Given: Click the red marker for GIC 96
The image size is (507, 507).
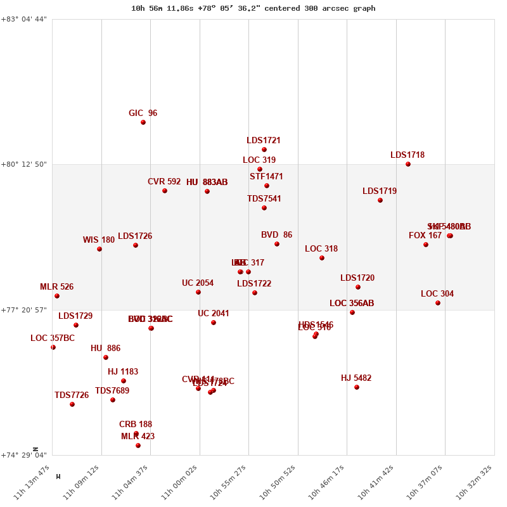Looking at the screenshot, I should coord(143,122).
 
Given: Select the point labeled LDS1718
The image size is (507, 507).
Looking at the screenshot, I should coord(408,164).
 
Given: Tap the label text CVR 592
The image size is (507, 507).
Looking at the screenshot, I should coord(164,182).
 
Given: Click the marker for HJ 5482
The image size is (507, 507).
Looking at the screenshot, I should coord(357,387).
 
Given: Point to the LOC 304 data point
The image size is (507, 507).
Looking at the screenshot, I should coord(438,303).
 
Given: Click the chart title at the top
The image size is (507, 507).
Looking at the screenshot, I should coord(253,8).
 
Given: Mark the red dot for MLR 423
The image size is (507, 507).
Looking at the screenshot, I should coord(138,446).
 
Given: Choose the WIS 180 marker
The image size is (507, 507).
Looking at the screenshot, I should coord(99,249).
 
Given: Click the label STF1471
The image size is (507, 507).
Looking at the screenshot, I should coord(266,177).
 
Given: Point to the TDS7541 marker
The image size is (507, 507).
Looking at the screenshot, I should coord(264,208).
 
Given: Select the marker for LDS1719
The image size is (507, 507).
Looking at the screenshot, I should coord(380,200).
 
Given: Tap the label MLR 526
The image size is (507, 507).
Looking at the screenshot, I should coord(56,287).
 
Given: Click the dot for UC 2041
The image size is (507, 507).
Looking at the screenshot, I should coord(214,323).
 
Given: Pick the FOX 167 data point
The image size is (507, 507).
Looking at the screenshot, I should coord(426,245).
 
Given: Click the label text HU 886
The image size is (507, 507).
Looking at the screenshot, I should coord(105,349).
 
